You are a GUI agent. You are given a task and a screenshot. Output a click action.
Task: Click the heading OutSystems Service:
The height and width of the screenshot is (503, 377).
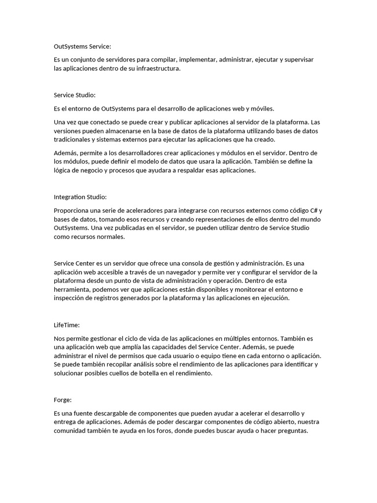(82, 47)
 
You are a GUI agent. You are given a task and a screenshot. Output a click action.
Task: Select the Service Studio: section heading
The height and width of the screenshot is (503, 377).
(75, 95)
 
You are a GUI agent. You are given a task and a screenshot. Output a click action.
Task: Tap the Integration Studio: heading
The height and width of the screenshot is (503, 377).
(80, 197)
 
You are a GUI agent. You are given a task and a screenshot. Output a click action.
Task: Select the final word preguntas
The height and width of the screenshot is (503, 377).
(292, 431)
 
